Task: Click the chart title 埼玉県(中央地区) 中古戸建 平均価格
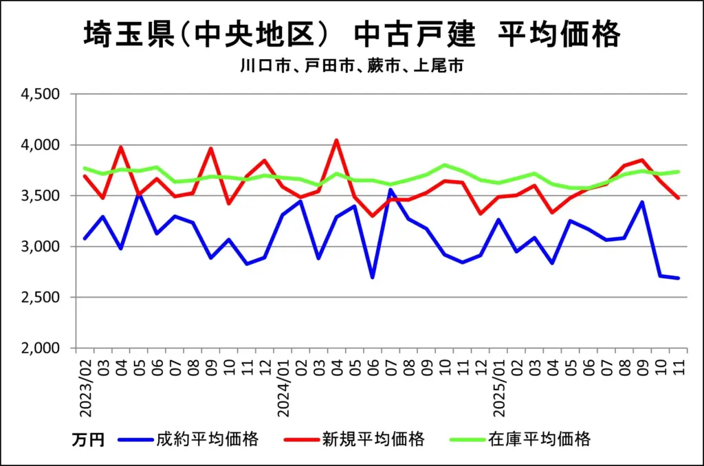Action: (351, 35)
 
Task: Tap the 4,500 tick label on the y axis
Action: (43, 94)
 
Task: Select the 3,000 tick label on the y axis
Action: (43, 247)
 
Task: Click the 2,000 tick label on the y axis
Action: (43, 348)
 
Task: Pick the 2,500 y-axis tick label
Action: (43, 298)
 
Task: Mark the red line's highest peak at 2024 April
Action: (336, 141)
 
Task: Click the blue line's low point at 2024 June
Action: (372, 277)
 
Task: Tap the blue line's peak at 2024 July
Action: (390, 190)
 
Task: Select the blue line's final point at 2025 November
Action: (678, 278)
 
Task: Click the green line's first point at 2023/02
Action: (85, 168)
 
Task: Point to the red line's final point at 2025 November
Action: (678, 198)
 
